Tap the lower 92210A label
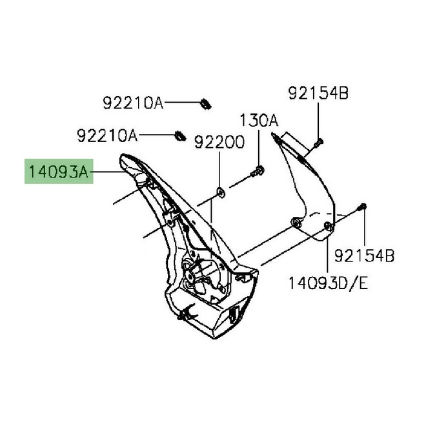pos(107,136)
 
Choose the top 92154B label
pos(318,94)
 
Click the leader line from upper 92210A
pos(182,102)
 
